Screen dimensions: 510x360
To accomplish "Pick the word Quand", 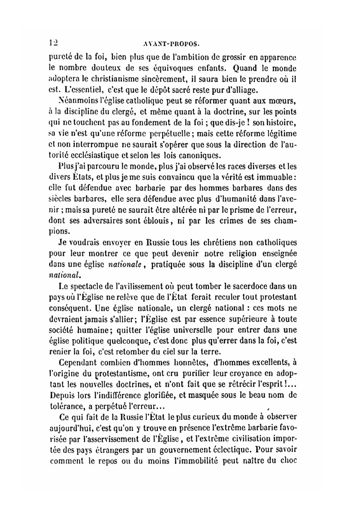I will click(x=246, y=68).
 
